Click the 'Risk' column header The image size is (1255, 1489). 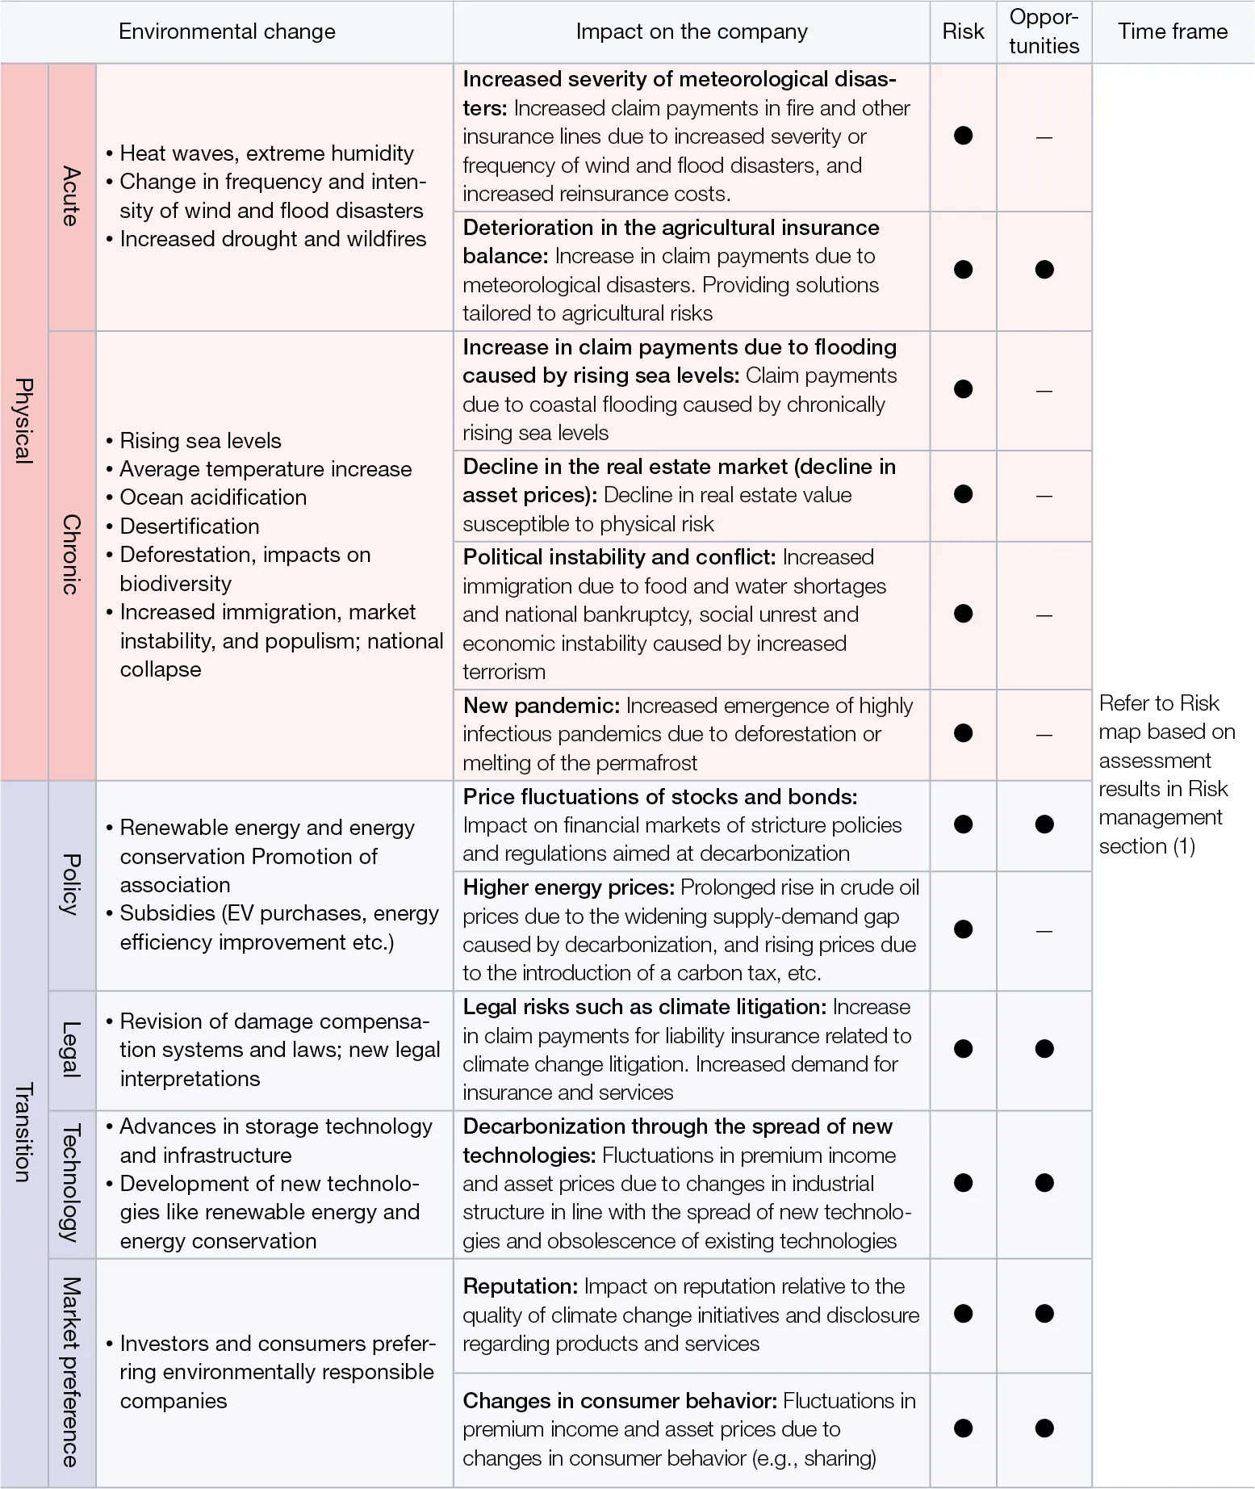click(963, 31)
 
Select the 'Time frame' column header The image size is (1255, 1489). click(1172, 31)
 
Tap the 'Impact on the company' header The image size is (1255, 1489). click(691, 31)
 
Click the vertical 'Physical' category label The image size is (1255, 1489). click(24, 421)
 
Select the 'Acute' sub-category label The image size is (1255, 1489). click(72, 196)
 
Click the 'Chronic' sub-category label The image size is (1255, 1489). click(72, 555)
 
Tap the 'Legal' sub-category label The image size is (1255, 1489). click(72, 1049)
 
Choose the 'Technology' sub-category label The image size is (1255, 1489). click(72, 1183)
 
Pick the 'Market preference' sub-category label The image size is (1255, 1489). click(72, 1372)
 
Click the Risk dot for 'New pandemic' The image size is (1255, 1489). click(963, 733)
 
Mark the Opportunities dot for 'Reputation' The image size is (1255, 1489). click(1044, 1314)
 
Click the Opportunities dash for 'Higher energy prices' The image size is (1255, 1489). click(1044, 931)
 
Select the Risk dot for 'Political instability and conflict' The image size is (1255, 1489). click(963, 614)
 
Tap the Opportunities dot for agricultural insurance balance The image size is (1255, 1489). click(1044, 270)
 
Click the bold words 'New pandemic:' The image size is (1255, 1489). click(541, 706)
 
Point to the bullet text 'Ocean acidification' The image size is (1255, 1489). click(213, 497)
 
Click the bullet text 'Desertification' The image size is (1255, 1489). click(190, 526)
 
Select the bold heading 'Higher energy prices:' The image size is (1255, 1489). click(568, 887)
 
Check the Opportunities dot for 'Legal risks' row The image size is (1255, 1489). click(1044, 1049)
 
